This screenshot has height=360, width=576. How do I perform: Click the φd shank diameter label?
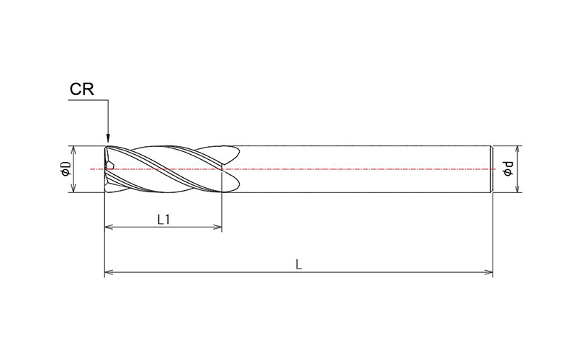508,169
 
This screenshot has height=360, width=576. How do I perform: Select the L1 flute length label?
163,219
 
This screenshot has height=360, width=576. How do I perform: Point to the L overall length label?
299,264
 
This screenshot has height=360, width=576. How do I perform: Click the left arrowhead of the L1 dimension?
109,228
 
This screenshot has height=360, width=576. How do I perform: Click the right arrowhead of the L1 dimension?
217,228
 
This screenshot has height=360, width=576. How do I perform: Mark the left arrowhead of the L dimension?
109,273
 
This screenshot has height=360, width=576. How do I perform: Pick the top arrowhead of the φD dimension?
73,150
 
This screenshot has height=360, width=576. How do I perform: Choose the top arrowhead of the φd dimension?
517,150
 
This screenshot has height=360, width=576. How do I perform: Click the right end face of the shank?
492,169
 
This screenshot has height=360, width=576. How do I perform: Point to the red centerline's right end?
495,169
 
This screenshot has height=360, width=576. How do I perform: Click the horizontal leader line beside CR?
86,102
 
